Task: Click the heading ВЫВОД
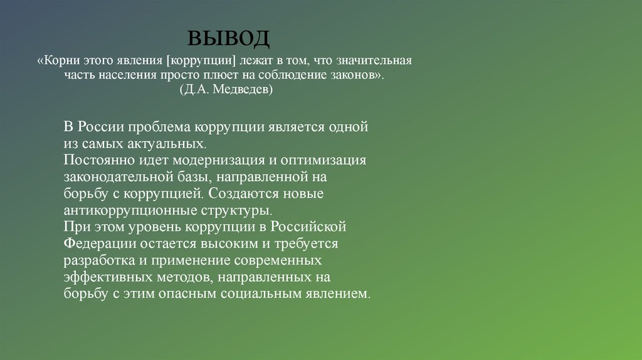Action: click(229, 39)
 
